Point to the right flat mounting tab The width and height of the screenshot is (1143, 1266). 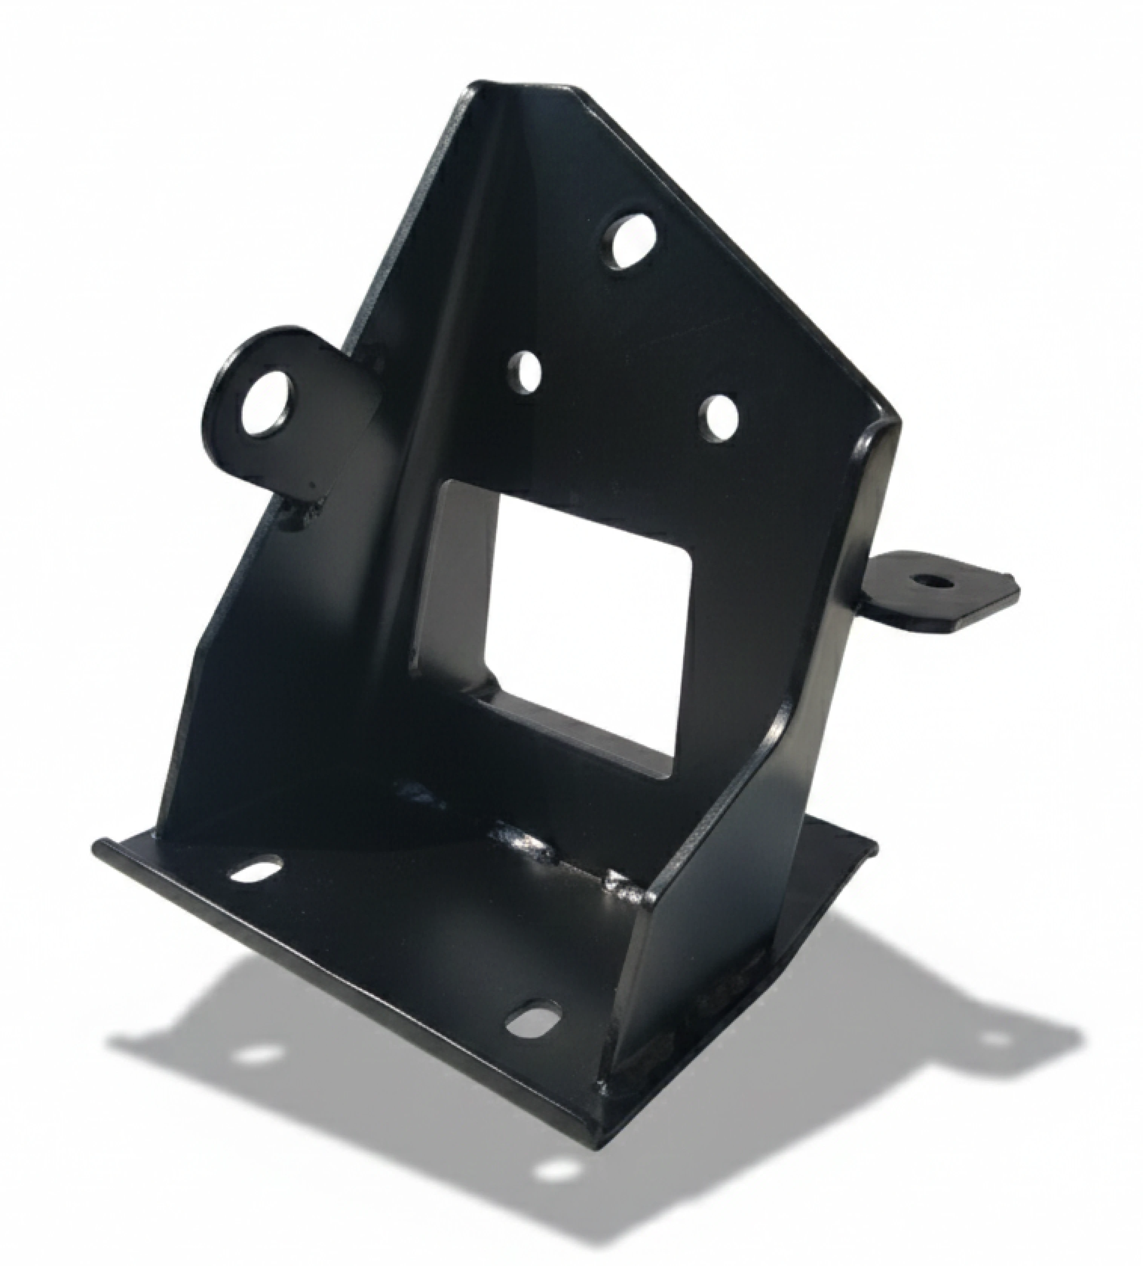coord(942,593)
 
